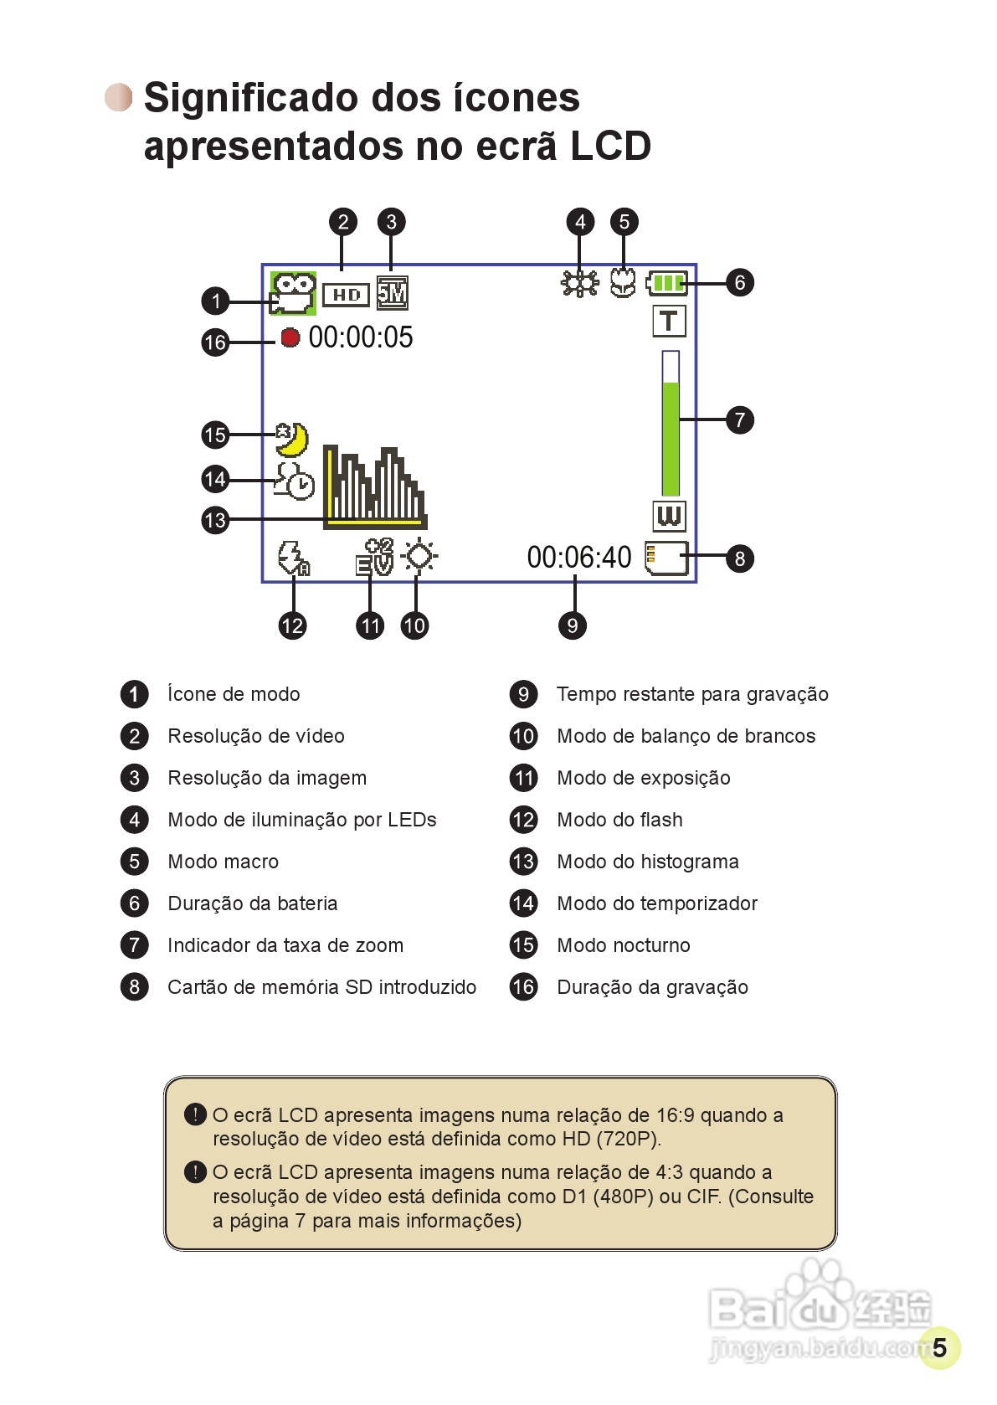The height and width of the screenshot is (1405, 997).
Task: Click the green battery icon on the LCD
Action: pos(667,283)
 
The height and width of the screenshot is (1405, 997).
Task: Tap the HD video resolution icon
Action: pos(346,295)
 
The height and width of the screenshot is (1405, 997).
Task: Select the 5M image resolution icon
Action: pos(392,293)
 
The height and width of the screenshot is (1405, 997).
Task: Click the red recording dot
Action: pos(290,337)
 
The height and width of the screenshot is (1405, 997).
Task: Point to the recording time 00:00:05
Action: pos(361,337)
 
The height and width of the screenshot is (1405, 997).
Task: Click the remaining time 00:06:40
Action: pos(579,557)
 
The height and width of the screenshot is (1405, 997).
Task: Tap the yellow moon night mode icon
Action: pos(293,439)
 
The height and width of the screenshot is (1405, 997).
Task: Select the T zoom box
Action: pos(668,321)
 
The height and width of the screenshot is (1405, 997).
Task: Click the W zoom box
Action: pos(669,516)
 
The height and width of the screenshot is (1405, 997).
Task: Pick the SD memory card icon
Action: pos(666,558)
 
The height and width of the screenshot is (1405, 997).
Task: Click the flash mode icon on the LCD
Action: pos(293,558)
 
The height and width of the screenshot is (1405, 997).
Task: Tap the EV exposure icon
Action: pos(374,557)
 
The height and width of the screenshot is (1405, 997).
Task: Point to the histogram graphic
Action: pos(374,488)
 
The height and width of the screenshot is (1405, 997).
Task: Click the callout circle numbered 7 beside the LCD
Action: pos(739,419)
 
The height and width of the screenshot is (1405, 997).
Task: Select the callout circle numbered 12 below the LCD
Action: pos(292,625)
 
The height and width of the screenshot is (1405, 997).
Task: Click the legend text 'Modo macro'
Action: pos(223,862)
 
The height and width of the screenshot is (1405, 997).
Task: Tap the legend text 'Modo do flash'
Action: pos(619,820)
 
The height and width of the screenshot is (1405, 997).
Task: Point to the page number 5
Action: pos(939,1347)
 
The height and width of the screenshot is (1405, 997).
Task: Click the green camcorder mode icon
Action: pos(293,293)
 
